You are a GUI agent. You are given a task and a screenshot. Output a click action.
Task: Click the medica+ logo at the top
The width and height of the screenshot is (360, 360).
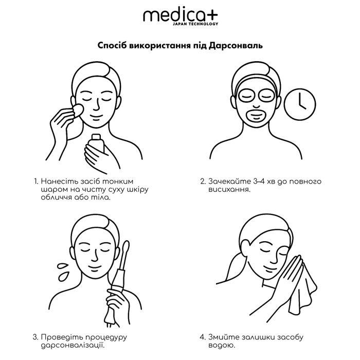[x=180, y=16]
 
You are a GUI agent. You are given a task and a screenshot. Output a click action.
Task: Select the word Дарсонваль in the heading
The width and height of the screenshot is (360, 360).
[x=236, y=46]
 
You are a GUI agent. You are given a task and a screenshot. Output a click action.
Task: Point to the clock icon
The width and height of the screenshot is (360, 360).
[x=299, y=103]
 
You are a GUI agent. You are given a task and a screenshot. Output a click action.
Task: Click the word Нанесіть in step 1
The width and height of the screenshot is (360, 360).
[x=58, y=182]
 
